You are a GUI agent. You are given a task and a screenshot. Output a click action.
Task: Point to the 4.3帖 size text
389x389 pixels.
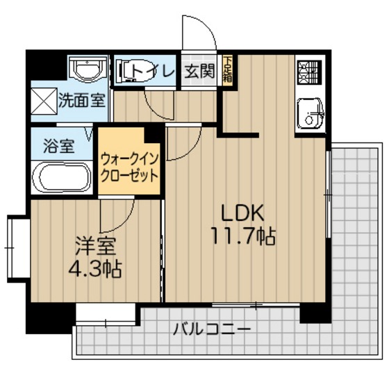coord(95,269)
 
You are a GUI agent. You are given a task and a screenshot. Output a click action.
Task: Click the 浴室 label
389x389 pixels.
coord(58,146)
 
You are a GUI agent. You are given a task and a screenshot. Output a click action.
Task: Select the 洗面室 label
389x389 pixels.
coord(81,100)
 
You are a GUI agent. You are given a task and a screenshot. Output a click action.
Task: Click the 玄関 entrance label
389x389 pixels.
coord(199,71)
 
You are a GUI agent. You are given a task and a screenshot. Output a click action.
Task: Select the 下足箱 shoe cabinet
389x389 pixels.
coord(227,69)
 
